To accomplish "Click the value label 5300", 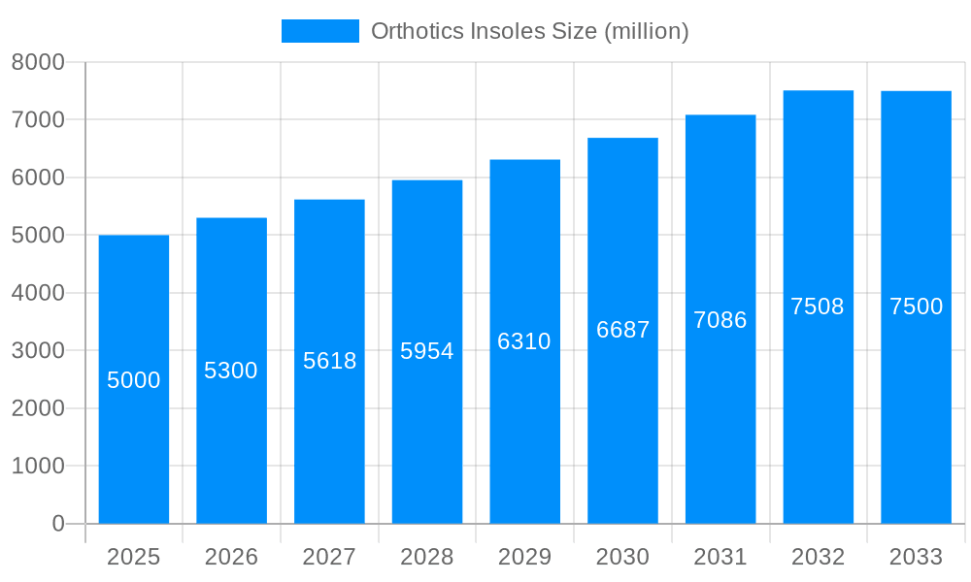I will [x=231, y=371].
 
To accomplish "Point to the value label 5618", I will [x=330, y=361].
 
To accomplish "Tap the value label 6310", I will [x=524, y=341].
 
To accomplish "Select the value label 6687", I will [x=623, y=330].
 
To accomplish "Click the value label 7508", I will [x=818, y=307].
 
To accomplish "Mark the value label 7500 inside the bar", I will [x=917, y=307].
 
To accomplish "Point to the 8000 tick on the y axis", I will [x=38, y=62].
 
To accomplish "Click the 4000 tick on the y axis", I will [x=38, y=293].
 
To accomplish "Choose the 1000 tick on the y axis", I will [x=38, y=466].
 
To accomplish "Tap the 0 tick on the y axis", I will [x=57, y=524].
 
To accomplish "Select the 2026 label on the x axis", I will [x=231, y=557].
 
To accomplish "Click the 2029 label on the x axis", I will [x=524, y=557].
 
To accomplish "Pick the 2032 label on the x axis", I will [x=818, y=557].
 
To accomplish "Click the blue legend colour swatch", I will [x=320, y=31].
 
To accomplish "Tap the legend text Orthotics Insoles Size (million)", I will [x=530, y=31].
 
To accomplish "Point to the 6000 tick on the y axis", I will [x=38, y=178].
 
